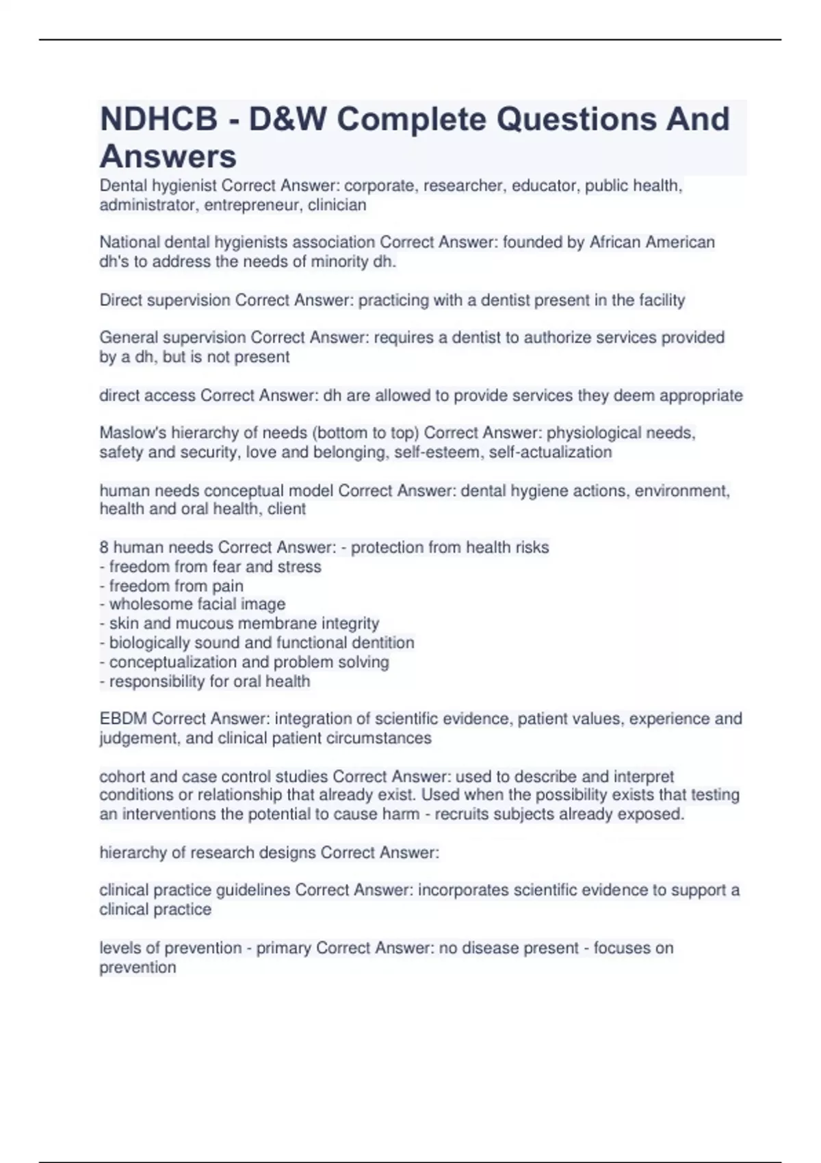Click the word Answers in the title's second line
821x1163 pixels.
[168, 157]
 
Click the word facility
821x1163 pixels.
[662, 300]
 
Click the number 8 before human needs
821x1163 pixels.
[104, 547]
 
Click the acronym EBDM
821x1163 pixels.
[123, 719]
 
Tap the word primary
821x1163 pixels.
[283, 948]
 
